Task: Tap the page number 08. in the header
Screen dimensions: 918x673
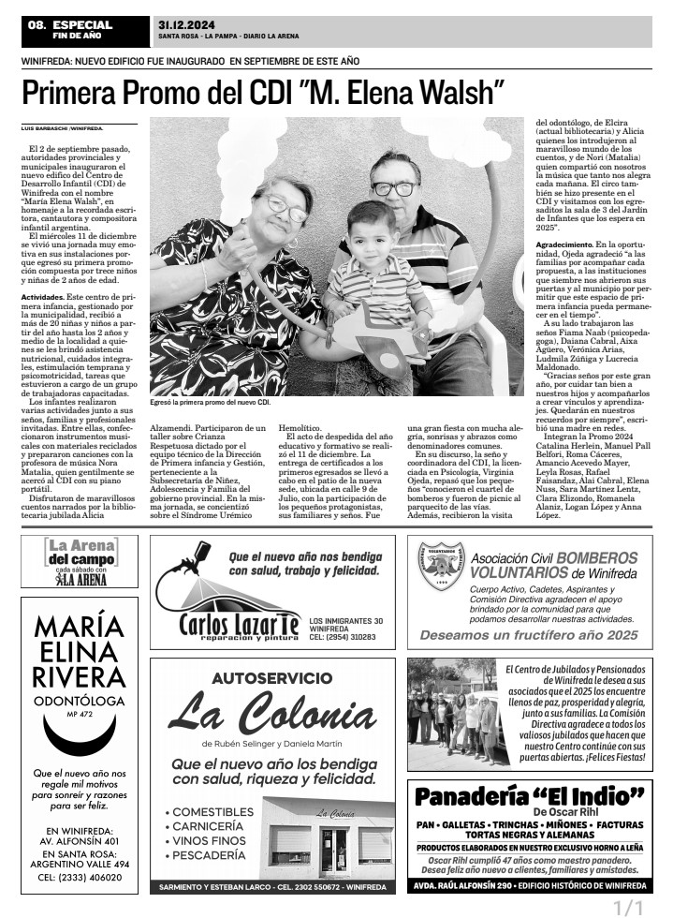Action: click(37, 24)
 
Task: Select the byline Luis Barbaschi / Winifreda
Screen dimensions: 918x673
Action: click(62, 127)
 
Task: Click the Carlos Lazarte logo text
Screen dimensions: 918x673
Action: click(239, 622)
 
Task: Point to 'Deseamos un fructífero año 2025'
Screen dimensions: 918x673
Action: click(529, 634)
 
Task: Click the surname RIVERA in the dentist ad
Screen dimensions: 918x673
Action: click(78, 677)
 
